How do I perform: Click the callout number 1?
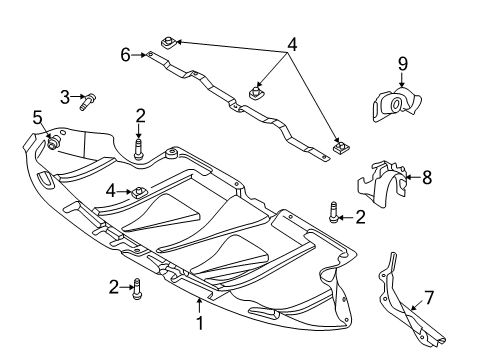pyautogui.click(x=199, y=323)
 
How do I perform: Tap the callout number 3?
pyautogui.click(x=65, y=97)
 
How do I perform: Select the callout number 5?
pyautogui.click(x=38, y=118)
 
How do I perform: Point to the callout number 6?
pyautogui.click(x=125, y=55)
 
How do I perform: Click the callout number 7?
pyautogui.click(x=429, y=298)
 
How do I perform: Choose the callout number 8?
pyautogui.click(x=427, y=177)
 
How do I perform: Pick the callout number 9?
pyautogui.click(x=403, y=64)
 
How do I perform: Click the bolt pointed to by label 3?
pyautogui.click(x=87, y=101)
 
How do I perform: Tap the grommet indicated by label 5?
pyautogui.click(x=53, y=142)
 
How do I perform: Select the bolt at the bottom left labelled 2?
pyautogui.click(x=137, y=289)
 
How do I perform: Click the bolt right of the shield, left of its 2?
pyautogui.click(x=333, y=212)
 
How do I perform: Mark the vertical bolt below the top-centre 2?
pyautogui.click(x=138, y=150)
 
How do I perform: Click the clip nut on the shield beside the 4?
pyautogui.click(x=138, y=192)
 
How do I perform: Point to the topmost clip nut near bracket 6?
pyautogui.click(x=169, y=42)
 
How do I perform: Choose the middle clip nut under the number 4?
pyautogui.click(x=257, y=92)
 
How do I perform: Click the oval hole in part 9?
pyautogui.click(x=396, y=104)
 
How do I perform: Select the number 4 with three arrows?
pyautogui.click(x=292, y=45)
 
